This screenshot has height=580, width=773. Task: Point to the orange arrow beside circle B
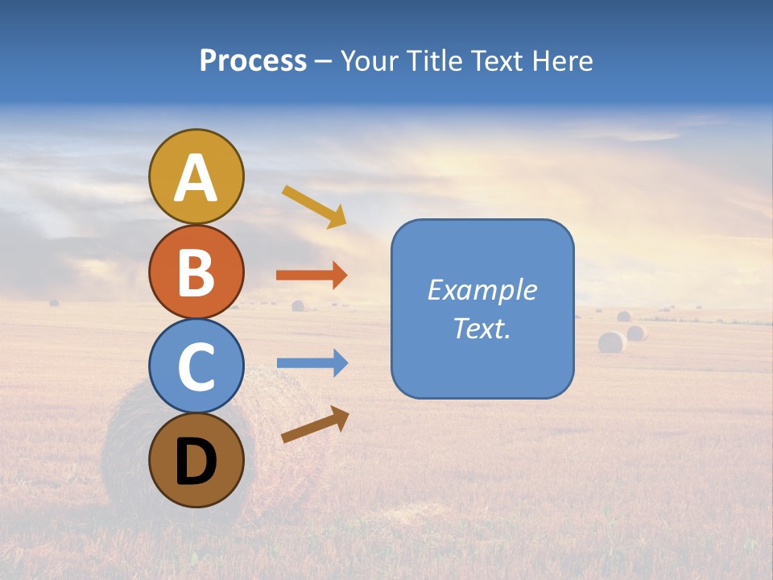(312, 275)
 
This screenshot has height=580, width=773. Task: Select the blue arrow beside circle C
(312, 363)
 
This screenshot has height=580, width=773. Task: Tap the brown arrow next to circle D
(316, 425)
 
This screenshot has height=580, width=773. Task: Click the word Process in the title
(253, 61)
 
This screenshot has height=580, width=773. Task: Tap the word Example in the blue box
(482, 290)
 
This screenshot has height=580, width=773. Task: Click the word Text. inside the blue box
(482, 328)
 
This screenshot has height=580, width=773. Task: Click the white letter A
(196, 178)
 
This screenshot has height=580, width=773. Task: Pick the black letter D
(196, 462)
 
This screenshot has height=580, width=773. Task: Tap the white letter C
(196, 367)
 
